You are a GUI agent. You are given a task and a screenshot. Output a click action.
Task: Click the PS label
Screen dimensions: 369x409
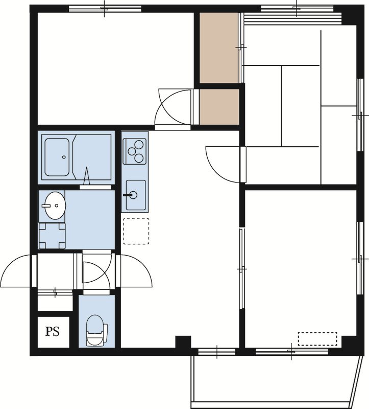(53, 331)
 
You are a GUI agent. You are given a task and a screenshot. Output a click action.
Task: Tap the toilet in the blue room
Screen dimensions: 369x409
(96, 330)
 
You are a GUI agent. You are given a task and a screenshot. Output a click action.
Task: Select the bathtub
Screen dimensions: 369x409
(57, 157)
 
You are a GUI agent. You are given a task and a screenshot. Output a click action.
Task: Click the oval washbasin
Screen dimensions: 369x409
(55, 206)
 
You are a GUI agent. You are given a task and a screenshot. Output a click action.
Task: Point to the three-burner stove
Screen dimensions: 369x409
(135, 151)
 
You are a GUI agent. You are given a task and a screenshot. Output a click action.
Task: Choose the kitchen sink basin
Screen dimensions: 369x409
(135, 195)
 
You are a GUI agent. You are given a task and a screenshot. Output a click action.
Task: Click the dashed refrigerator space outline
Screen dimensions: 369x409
(136, 232)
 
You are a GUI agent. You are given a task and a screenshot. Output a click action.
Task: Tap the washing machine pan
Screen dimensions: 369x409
(52, 236)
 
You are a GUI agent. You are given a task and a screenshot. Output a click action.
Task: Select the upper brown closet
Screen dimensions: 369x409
(219, 48)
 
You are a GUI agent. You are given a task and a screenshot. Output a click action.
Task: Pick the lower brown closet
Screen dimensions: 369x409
(219, 107)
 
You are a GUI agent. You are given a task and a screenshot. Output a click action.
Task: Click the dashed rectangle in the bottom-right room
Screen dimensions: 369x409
(317, 339)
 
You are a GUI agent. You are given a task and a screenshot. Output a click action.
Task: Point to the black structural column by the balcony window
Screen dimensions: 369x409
(183, 342)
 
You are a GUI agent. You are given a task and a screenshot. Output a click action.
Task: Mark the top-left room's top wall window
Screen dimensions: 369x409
(105, 9)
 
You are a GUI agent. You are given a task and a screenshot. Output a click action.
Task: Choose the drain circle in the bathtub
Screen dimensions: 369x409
(64, 157)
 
